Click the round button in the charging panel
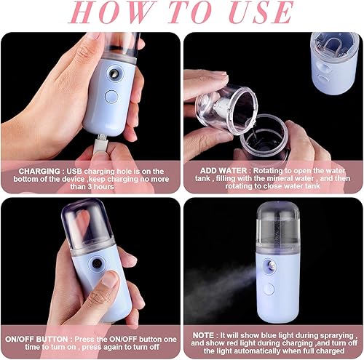point(111,96)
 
